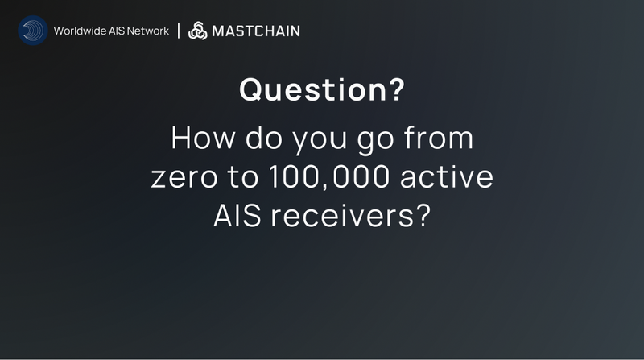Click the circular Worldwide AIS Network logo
(x=33, y=31)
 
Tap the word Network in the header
(x=150, y=31)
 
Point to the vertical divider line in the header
(x=178, y=31)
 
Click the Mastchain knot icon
(x=197, y=31)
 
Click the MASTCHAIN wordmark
(x=255, y=31)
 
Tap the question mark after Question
(x=396, y=89)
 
